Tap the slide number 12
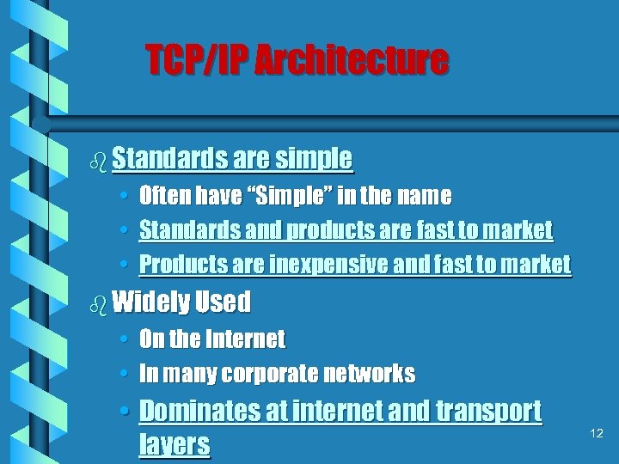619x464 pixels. (597, 434)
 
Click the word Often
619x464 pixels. (164, 197)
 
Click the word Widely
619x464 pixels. (150, 302)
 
